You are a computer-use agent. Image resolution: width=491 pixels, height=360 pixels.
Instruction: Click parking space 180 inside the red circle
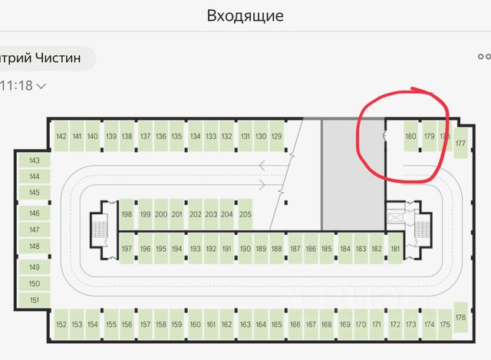tap(410, 137)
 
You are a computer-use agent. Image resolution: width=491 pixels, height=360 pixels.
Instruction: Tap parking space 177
tap(460, 143)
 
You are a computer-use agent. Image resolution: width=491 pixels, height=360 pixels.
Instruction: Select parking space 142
tap(61, 137)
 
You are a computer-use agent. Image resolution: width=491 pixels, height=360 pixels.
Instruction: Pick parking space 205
tap(245, 214)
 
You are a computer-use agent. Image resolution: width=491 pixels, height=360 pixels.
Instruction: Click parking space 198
tap(127, 214)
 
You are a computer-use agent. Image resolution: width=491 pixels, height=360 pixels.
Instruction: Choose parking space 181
tap(395, 249)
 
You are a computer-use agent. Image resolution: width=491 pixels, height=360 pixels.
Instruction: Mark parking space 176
tap(460, 317)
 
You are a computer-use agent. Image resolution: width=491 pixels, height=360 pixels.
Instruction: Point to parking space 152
tap(61, 325)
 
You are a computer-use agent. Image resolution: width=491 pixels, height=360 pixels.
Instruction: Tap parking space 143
tap(34, 161)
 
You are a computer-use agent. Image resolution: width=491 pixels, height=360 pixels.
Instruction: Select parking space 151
tap(34, 300)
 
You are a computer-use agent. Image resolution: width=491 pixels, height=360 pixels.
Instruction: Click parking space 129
tap(277, 137)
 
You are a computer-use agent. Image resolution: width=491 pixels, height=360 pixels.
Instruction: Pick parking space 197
tap(127, 249)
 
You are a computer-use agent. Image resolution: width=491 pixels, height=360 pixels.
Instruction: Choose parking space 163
tap(245, 325)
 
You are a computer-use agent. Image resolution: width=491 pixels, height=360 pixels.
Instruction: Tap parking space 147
tap(34, 230)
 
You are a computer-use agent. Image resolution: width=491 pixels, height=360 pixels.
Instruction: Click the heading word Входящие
tap(245, 15)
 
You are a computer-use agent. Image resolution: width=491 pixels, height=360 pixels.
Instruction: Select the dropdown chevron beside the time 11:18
tap(41, 86)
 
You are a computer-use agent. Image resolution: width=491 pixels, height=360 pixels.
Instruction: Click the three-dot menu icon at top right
tap(484, 57)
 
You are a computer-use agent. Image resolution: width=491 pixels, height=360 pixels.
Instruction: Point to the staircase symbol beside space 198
tap(99, 228)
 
